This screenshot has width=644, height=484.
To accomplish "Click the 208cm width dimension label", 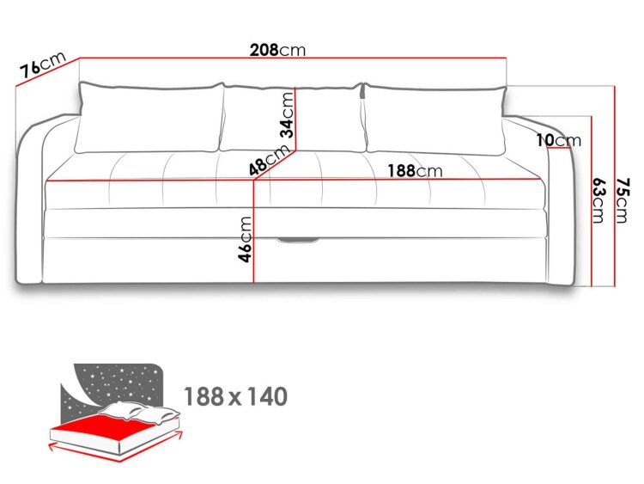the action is click(x=277, y=50).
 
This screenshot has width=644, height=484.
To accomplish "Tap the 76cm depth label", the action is click(x=43, y=65).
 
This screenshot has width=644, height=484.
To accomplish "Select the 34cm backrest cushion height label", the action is click(x=287, y=114).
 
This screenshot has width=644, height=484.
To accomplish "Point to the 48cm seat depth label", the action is click(x=269, y=160).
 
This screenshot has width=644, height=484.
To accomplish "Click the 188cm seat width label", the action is click(x=416, y=171).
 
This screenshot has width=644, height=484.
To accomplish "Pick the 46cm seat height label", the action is click(x=245, y=239).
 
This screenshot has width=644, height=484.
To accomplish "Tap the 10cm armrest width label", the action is click(x=559, y=140).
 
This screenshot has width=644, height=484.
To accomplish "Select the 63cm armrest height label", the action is click(x=598, y=199).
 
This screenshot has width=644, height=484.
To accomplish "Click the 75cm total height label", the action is click(x=622, y=200).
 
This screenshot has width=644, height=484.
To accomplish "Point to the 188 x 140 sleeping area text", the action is click(x=236, y=396).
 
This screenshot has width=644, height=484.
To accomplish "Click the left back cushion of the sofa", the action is click(x=150, y=118).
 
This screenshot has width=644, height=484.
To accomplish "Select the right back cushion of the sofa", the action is click(x=434, y=119).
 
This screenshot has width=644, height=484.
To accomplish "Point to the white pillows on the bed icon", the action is click(x=140, y=413).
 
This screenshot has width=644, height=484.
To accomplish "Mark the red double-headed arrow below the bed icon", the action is click(x=116, y=447).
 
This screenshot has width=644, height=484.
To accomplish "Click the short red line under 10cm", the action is click(x=559, y=148).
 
